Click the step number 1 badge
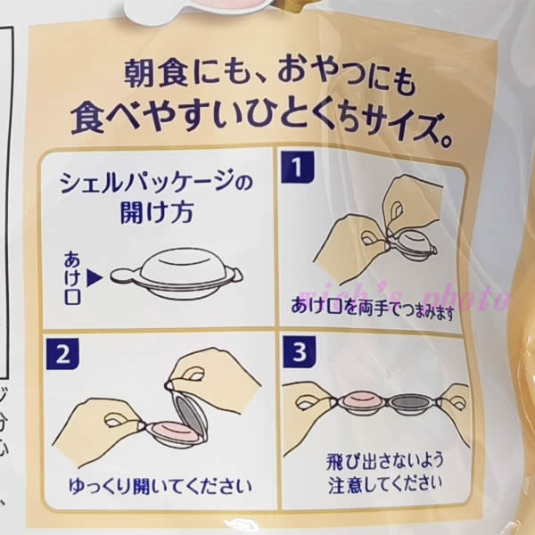click(x=297, y=168)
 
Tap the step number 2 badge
click(x=62, y=355)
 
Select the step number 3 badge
click(x=300, y=352)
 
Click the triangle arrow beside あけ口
click(x=95, y=279)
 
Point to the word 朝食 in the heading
click(x=155, y=74)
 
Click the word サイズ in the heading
click(x=395, y=127)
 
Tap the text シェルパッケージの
click(x=156, y=183)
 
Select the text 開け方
click(x=157, y=212)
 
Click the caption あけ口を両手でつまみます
click(x=373, y=308)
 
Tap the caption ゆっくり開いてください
click(x=160, y=486)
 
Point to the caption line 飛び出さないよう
click(x=384, y=461)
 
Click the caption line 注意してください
click(x=384, y=484)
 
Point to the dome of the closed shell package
click(x=182, y=265)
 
